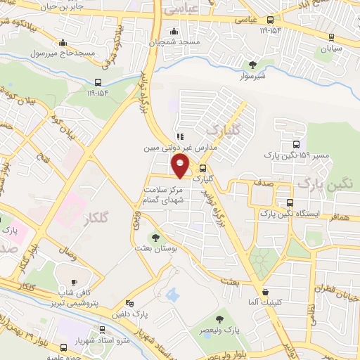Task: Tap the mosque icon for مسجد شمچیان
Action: (174, 31)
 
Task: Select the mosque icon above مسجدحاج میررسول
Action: (64, 42)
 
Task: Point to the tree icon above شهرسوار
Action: (252, 65)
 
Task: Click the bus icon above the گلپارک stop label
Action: (202, 169)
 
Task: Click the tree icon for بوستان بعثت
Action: (155, 238)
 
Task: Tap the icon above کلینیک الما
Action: (264, 292)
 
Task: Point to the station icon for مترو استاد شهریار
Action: (103, 329)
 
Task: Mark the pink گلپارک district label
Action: (224, 128)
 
